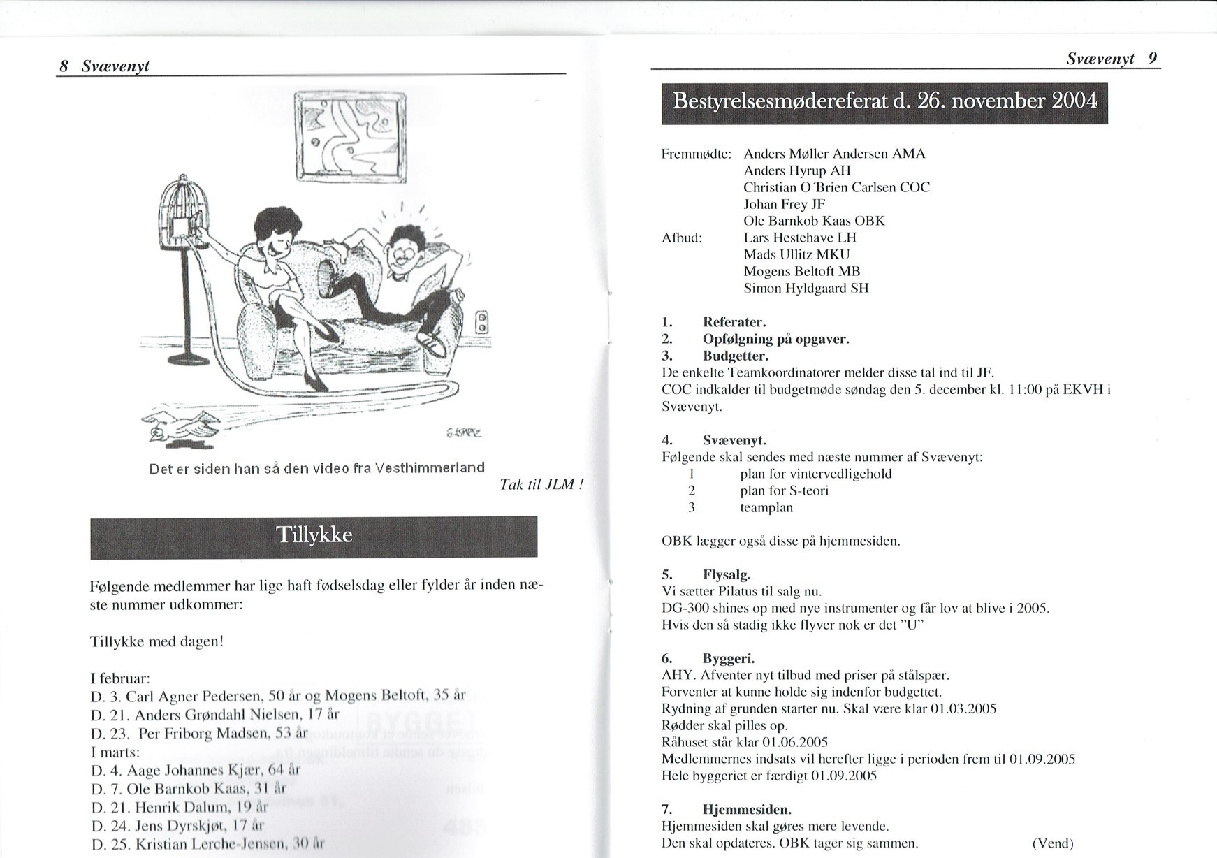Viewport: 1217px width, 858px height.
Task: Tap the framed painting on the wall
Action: pyautogui.click(x=351, y=137)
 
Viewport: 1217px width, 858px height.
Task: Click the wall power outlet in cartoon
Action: pyautogui.click(x=481, y=323)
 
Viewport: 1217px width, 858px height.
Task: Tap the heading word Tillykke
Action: pyautogui.click(x=314, y=535)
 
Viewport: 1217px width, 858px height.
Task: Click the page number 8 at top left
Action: pyautogui.click(x=64, y=66)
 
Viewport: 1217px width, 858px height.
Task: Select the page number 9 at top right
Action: pyautogui.click(x=1153, y=59)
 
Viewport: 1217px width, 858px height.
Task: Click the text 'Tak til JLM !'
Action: pyautogui.click(x=541, y=484)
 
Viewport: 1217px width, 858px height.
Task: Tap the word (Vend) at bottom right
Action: pyautogui.click(x=1052, y=843)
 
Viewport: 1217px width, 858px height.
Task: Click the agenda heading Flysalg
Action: pyautogui.click(x=727, y=575)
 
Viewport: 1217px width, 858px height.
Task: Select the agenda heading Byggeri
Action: pyautogui.click(x=729, y=658)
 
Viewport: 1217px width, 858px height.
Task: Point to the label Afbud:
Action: pyautogui.click(x=681, y=238)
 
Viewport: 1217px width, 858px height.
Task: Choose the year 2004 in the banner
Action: pyautogui.click(x=1074, y=101)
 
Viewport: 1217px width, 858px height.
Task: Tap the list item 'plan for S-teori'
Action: pyautogui.click(x=784, y=490)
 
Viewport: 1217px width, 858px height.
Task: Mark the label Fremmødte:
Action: pyautogui.click(x=696, y=154)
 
